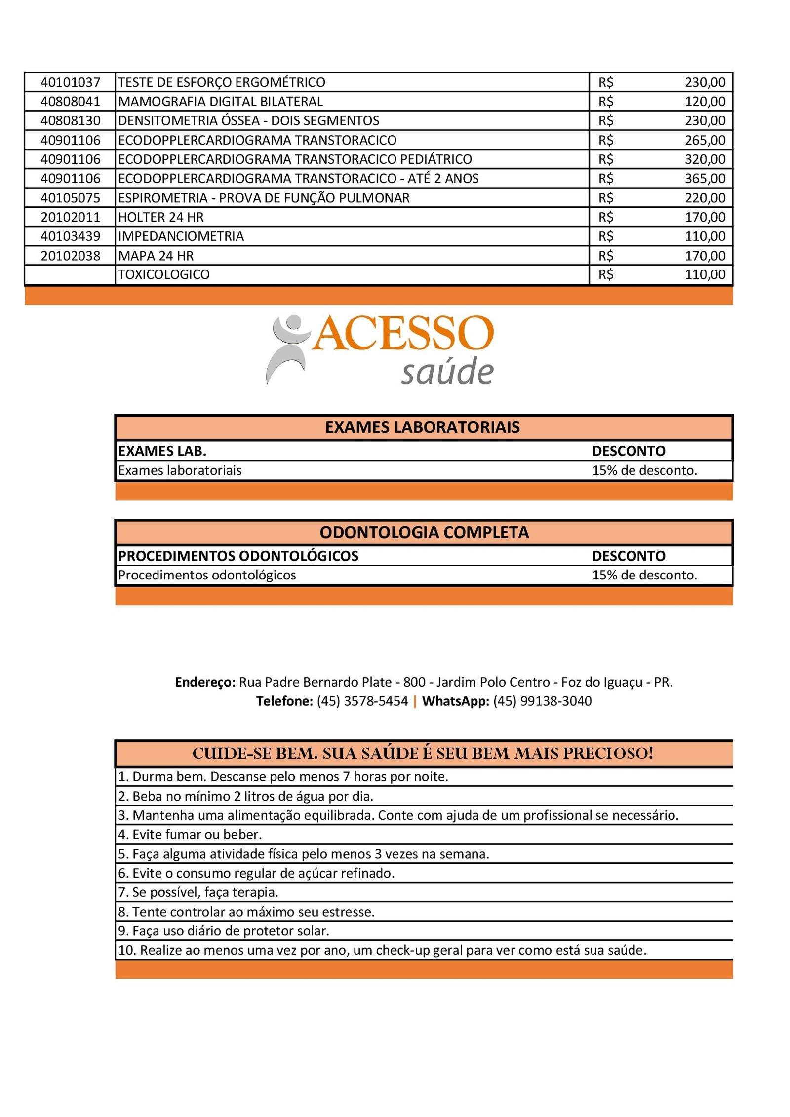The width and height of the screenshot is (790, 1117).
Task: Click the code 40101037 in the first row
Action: coord(70,82)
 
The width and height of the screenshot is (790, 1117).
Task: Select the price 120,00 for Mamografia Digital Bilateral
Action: coord(705,102)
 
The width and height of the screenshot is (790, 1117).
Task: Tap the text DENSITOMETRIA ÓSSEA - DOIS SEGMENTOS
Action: coord(248,121)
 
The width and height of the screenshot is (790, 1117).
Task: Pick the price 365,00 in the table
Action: coord(705,179)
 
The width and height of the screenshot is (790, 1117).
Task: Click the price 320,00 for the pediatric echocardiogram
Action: coord(705,159)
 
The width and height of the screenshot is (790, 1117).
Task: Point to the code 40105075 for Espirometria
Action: coord(70,198)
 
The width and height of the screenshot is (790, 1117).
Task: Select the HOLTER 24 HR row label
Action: coord(160,217)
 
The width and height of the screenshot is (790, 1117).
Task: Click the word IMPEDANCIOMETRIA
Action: coord(181,236)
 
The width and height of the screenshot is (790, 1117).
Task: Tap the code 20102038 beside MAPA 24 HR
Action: coord(70,256)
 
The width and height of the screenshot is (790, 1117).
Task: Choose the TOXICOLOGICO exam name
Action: coord(163,274)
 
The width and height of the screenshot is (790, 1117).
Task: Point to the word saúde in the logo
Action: coord(447,371)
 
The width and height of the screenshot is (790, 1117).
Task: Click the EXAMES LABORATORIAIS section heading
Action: coord(422,427)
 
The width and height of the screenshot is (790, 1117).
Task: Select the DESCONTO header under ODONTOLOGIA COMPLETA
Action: coord(629,556)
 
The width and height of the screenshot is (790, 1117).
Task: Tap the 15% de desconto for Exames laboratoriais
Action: coord(644,470)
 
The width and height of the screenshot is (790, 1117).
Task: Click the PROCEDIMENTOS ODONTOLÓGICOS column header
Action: coord(238,556)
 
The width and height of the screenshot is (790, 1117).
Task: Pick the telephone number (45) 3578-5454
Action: coord(362,701)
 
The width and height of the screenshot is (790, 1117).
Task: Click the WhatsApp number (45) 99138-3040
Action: coord(542,701)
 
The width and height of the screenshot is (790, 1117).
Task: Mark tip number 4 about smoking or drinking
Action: coord(190,835)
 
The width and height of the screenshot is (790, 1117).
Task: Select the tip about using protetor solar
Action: coord(223,931)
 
